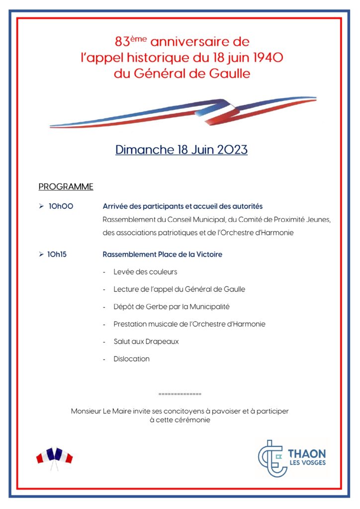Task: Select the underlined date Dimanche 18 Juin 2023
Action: point(181,150)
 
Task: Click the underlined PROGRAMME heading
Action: point(66,187)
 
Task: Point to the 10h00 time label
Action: point(61,206)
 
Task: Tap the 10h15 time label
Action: point(57,254)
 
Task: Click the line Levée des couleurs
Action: point(145,272)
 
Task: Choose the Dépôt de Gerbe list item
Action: point(171,307)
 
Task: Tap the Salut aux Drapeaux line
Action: point(146,341)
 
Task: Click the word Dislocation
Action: point(131,359)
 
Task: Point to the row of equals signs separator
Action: point(180,394)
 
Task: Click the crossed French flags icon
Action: point(54,456)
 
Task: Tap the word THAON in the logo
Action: point(307,453)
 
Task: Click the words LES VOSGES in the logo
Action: point(307,466)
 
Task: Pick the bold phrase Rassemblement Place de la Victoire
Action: point(162,254)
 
